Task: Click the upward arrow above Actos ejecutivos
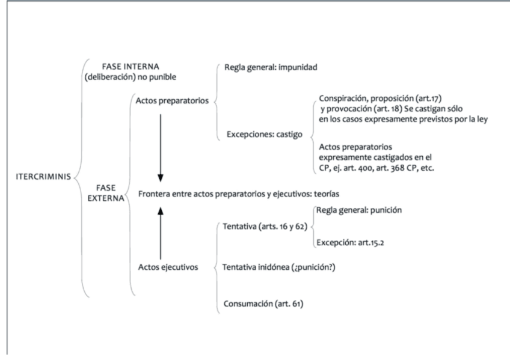coord(160,234)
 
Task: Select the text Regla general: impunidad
coord(269,67)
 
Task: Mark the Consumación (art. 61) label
coord(263,304)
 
